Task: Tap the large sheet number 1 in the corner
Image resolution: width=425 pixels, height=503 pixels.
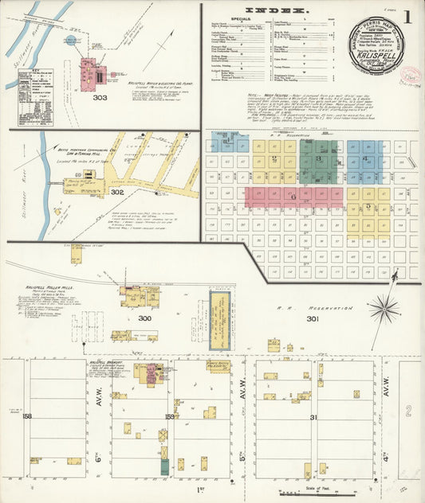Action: point(407,17)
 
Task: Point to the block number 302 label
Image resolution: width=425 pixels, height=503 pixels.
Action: point(117,191)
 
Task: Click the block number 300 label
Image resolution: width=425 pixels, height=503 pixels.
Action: point(144,318)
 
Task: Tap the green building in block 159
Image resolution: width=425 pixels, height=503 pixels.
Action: point(164,468)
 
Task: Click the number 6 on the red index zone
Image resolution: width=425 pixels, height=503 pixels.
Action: point(293,196)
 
